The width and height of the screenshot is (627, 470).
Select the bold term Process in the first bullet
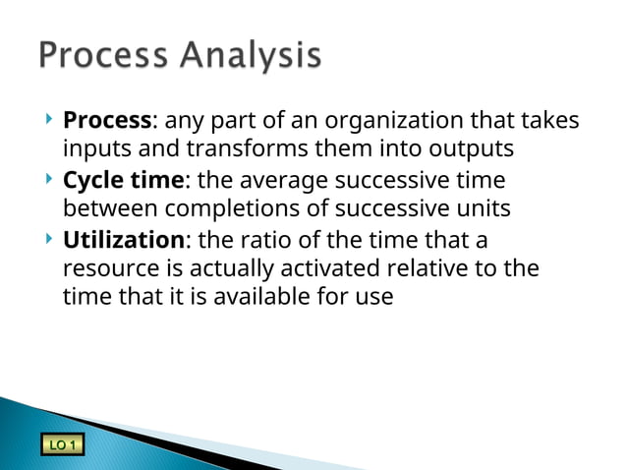coord(107,121)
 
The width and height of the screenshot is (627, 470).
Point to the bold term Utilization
coord(123,241)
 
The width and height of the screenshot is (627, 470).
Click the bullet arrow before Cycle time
coord(49,180)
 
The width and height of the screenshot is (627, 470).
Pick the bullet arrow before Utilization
coord(49,240)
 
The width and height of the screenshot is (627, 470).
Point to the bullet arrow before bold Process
coord(49,120)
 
